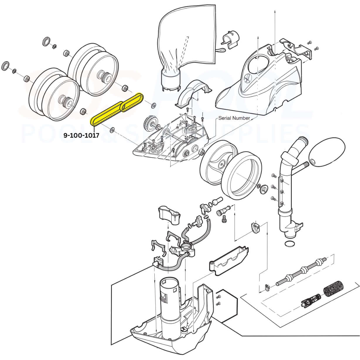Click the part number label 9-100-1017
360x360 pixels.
81,135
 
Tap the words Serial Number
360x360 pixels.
234,118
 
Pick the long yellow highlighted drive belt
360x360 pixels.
107,113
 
